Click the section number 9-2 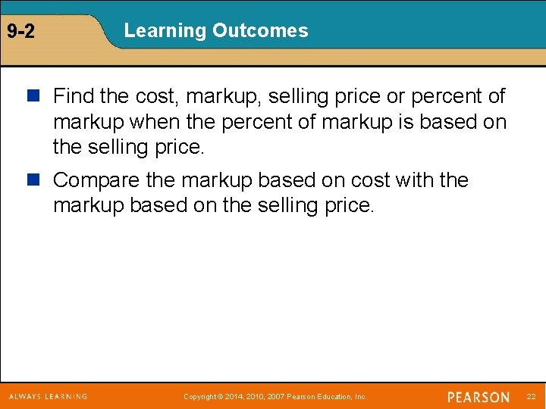click(x=20, y=32)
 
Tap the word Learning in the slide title click(x=165, y=31)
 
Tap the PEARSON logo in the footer click(x=479, y=397)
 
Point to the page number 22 click(x=531, y=397)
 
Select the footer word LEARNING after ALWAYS click(x=67, y=396)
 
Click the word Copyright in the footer click(x=200, y=397)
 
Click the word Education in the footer click(x=334, y=397)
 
